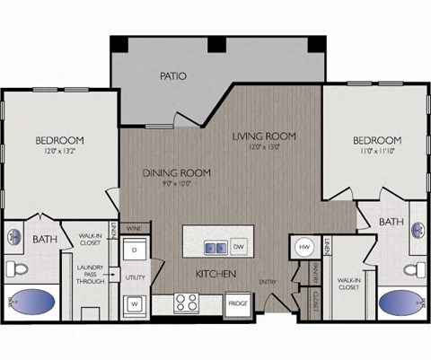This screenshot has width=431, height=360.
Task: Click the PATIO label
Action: click(172, 76)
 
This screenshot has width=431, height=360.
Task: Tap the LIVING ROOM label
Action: click(264, 136)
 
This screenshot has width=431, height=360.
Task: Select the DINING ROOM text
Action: click(176, 171)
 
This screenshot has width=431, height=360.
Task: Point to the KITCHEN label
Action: click(216, 273)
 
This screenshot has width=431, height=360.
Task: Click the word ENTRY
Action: click(269, 283)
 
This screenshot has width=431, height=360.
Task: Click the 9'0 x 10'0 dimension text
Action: click(176, 185)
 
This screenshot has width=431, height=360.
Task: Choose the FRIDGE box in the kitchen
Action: click(237, 303)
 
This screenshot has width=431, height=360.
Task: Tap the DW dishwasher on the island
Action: click(238, 246)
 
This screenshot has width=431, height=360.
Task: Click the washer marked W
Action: click(135, 303)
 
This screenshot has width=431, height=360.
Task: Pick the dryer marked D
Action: click(135, 248)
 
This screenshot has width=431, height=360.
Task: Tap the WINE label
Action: click(134, 229)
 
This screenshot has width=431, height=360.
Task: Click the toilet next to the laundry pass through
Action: click(16, 268)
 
